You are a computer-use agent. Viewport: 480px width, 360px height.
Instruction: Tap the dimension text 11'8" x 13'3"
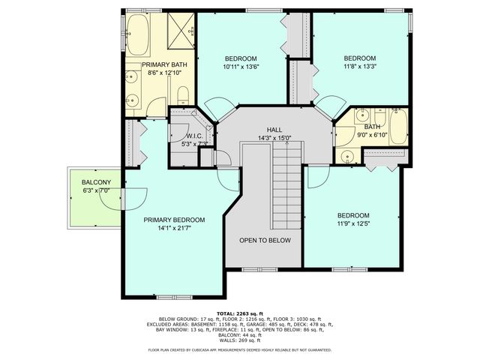[358, 66]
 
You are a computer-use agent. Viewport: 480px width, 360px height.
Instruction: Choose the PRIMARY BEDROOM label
[174, 220]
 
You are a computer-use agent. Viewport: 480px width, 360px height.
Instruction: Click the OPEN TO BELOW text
[265, 241]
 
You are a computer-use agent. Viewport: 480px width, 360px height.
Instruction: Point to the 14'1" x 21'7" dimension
[174, 228]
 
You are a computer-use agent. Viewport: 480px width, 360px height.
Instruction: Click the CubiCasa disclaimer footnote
[240, 350]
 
